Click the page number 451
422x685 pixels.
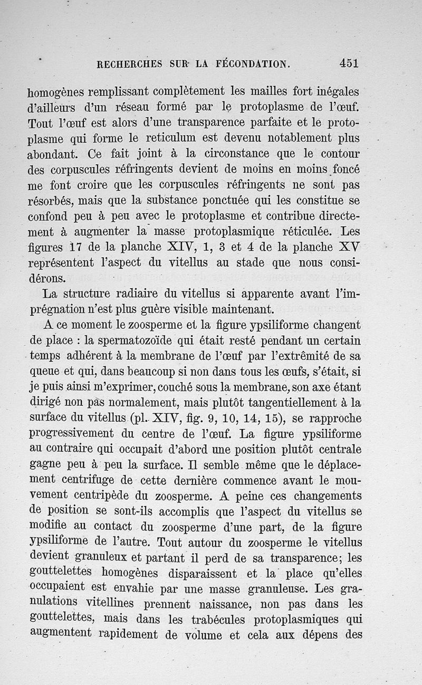pyautogui.click(x=349, y=63)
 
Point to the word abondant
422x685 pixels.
pyautogui.click(x=52, y=155)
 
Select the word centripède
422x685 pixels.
pyautogui.click(x=100, y=496)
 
